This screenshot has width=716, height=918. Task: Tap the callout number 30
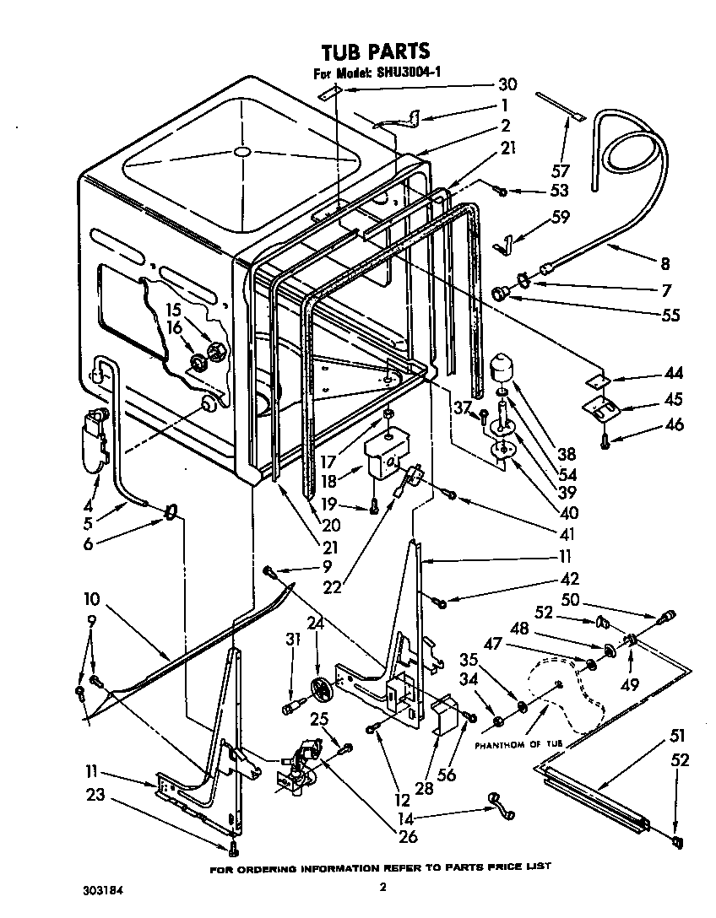tap(507, 84)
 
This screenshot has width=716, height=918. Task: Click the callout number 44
tap(675, 374)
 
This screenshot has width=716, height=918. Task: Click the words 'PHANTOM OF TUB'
tap(515, 745)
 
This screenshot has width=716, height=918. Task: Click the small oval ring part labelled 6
tap(171, 511)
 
